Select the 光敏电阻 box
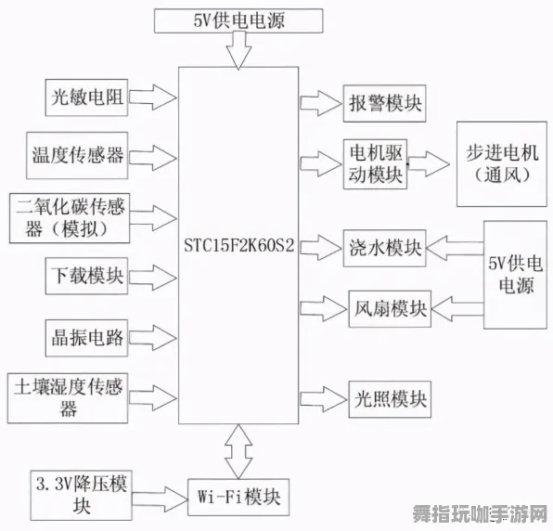pyautogui.click(x=87, y=96)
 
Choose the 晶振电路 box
pyautogui.click(x=84, y=337)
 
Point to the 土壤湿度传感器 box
pyautogui.click(x=69, y=397)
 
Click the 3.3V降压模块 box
pyautogui.click(x=81, y=494)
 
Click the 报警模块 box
pyautogui.click(x=383, y=103)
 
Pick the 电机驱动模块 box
pyautogui.click(x=374, y=162)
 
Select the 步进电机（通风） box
pyautogui.click(x=502, y=162)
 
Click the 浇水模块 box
pyautogui.click(x=383, y=248)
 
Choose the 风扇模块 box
pyautogui.click(x=389, y=307)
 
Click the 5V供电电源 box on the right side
pyautogui.click(x=515, y=275)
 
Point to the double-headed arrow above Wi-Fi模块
pyautogui.click(x=239, y=450)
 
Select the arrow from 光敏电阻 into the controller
pyautogui.click(x=152, y=96)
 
